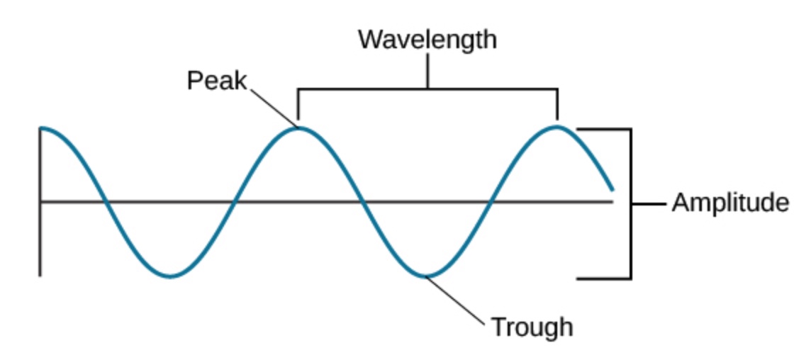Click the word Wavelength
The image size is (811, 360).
[x=427, y=40]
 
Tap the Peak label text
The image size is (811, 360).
[x=216, y=81]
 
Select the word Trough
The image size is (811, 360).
[x=532, y=327]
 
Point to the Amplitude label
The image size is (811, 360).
[x=730, y=203]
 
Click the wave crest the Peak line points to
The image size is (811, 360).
[x=300, y=128]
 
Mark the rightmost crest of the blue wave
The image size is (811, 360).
[x=558, y=127]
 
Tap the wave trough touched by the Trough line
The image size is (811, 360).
[x=425, y=276]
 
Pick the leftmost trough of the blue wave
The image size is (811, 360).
[x=170, y=276]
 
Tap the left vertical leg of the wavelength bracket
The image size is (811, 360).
[x=298, y=104]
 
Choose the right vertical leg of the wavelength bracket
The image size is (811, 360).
[x=558, y=104]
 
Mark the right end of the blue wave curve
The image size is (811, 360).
[x=611, y=189]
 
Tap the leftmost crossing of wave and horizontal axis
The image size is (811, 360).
[x=106, y=202]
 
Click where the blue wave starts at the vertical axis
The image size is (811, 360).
[x=42, y=128]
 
